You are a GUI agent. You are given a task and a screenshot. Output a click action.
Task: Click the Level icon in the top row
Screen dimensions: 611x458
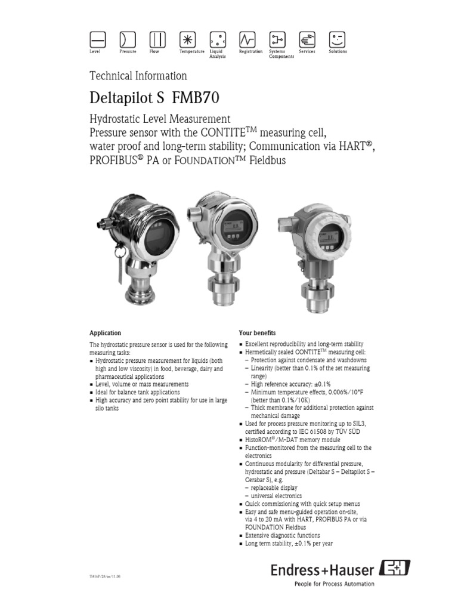point(97,39)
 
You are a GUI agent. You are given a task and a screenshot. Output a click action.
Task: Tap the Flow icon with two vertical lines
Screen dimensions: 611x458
point(157,39)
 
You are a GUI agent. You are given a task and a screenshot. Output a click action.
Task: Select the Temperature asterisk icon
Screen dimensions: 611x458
point(187,39)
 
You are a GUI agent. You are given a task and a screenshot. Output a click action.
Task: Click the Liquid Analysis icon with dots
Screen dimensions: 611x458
point(217,39)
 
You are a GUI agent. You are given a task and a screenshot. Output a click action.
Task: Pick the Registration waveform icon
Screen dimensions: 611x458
point(247,39)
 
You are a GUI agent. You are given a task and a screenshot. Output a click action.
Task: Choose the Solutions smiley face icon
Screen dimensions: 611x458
point(337,39)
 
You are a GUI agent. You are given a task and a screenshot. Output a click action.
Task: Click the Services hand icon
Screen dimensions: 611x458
point(307,39)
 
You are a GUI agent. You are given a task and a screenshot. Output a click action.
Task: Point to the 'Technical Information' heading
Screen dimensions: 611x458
point(138,76)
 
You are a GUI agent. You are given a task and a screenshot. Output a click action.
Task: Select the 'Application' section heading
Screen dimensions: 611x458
point(105,333)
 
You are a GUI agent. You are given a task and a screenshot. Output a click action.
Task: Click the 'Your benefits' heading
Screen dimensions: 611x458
point(257,333)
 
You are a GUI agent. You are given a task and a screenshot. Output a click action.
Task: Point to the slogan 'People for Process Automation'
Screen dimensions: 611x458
point(335,584)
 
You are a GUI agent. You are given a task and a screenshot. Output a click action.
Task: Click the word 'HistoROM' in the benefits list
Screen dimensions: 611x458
point(258,439)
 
